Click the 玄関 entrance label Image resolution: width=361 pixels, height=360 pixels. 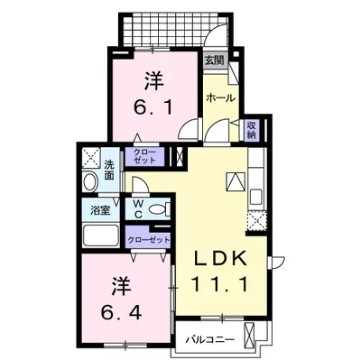pos(213,60)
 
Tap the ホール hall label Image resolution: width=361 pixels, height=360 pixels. pos(219,97)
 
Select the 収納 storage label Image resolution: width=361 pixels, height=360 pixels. pos(252,129)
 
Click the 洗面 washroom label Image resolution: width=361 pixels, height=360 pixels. pos(108,169)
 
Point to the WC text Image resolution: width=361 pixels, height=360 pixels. pos(139,209)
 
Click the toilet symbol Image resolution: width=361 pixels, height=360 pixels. pos(159,209)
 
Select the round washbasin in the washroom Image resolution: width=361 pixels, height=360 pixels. pos(89,182)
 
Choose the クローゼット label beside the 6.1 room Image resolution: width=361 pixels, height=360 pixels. pos(143,156)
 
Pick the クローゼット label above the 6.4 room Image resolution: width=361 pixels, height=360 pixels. pos(148,239)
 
